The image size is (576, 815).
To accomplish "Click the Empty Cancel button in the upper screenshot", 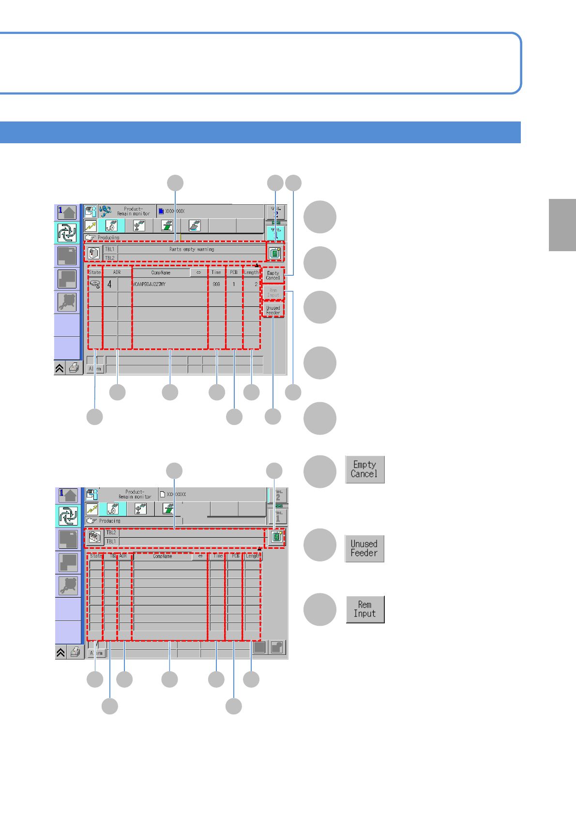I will tap(273, 275).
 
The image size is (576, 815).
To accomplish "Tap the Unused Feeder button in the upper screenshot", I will tap(273, 310).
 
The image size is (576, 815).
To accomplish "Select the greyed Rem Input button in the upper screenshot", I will tap(273, 293).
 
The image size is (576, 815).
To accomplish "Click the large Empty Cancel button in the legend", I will tap(364, 469).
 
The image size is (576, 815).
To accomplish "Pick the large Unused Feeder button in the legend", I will tap(364, 548).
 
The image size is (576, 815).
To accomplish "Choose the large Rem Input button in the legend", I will tap(365, 609).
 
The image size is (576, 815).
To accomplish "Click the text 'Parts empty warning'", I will tap(192, 249).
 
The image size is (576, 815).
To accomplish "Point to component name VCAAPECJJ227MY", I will tap(150, 285).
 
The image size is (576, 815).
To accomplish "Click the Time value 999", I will tap(216, 285).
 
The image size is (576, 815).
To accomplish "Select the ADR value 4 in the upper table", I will tap(109, 285).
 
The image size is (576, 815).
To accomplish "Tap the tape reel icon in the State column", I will tap(95, 284).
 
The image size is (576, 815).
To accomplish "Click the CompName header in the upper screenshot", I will tap(161, 272).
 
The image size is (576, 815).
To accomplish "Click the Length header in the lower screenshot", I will tap(252, 556).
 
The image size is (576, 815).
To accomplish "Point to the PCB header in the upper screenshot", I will tap(234, 272).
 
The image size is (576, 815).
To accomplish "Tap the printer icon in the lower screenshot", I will tap(75, 652).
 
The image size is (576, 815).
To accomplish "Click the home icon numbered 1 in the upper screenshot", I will tap(67, 212).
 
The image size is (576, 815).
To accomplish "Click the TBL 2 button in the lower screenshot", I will tap(278, 495).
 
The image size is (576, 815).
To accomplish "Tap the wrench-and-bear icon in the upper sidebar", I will tap(67, 302).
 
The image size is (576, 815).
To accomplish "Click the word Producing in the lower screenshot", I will tap(110, 521).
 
